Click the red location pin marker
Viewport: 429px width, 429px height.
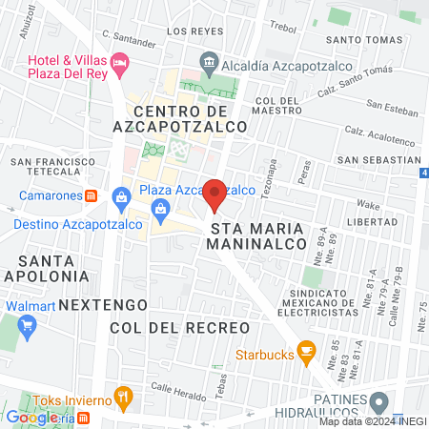tap(214, 194)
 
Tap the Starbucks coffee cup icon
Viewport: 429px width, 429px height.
tap(306, 353)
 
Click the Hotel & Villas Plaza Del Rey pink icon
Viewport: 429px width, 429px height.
tap(120, 65)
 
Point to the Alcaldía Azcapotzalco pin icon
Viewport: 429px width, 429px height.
tap(208, 66)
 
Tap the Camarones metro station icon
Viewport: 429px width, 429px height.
tap(92, 195)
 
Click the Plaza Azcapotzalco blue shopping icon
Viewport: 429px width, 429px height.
tap(121, 197)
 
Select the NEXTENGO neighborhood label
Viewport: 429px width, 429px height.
tap(103, 304)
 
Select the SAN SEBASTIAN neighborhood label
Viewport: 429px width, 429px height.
tap(379, 159)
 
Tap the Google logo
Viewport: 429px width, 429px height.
tap(31, 417)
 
